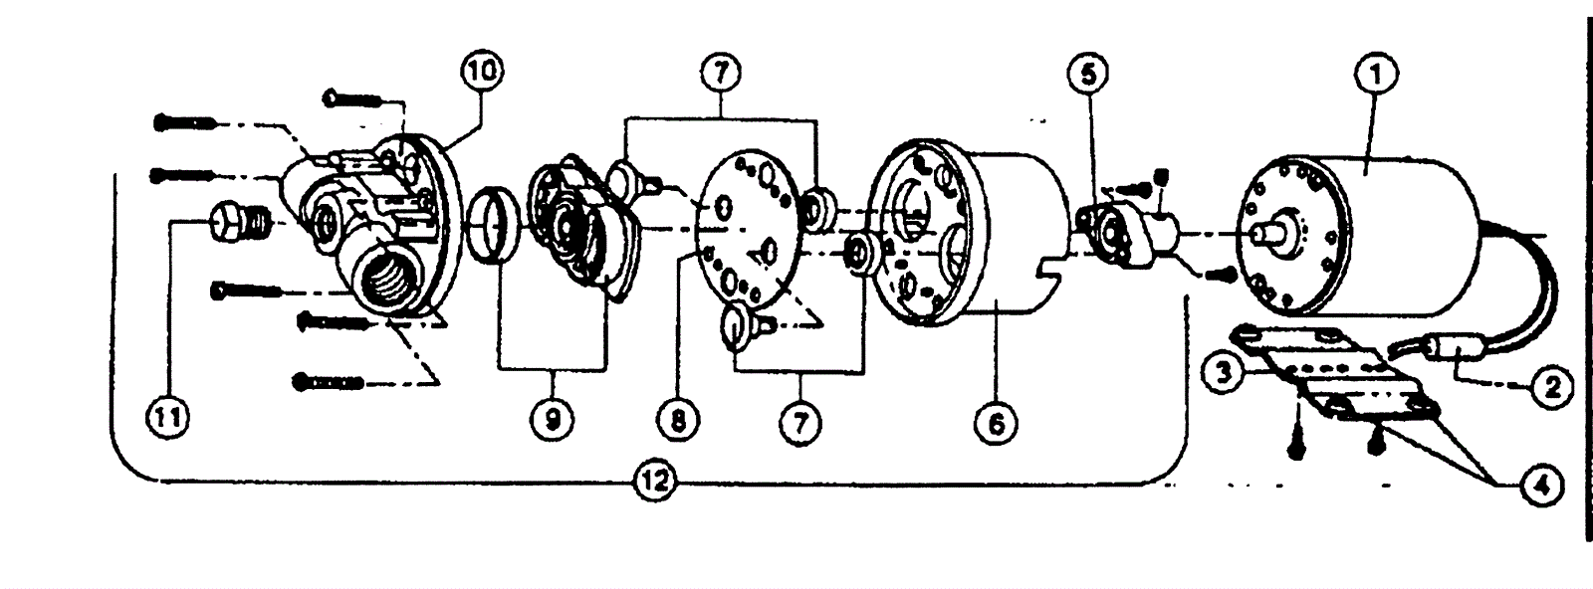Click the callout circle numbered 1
(x=1378, y=73)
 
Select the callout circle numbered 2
(x=1550, y=386)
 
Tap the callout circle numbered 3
(x=1224, y=373)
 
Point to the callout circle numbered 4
(x=1542, y=486)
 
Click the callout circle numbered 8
(x=678, y=420)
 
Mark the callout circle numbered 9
(x=552, y=420)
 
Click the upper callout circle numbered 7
(x=724, y=73)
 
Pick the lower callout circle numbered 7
(x=800, y=424)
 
